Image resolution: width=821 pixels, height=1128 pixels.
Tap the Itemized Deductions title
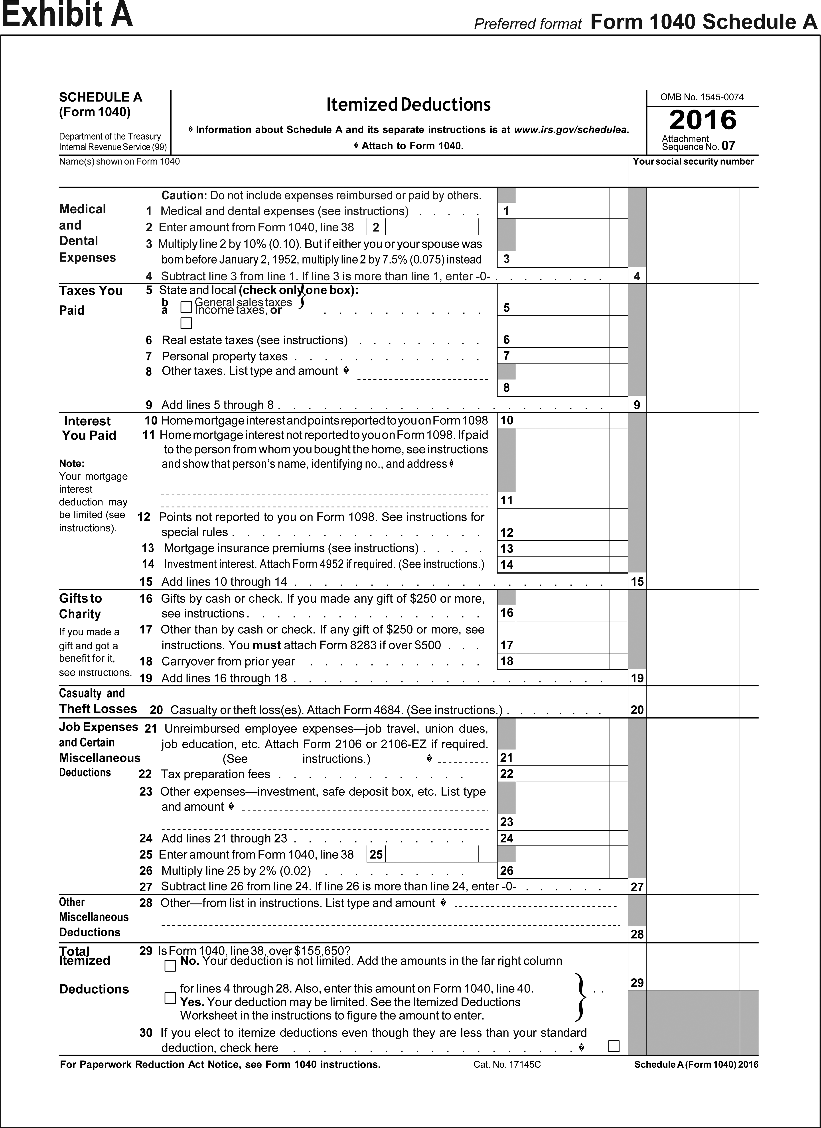tap(408, 104)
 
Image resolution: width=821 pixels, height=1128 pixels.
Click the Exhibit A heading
tap(67, 15)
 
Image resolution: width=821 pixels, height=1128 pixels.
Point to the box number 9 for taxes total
tap(637, 405)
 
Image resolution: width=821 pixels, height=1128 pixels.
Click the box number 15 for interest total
tap(637, 581)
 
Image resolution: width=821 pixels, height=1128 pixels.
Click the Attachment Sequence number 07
tap(728, 146)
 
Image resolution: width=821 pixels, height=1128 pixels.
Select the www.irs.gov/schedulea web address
tap(571, 130)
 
